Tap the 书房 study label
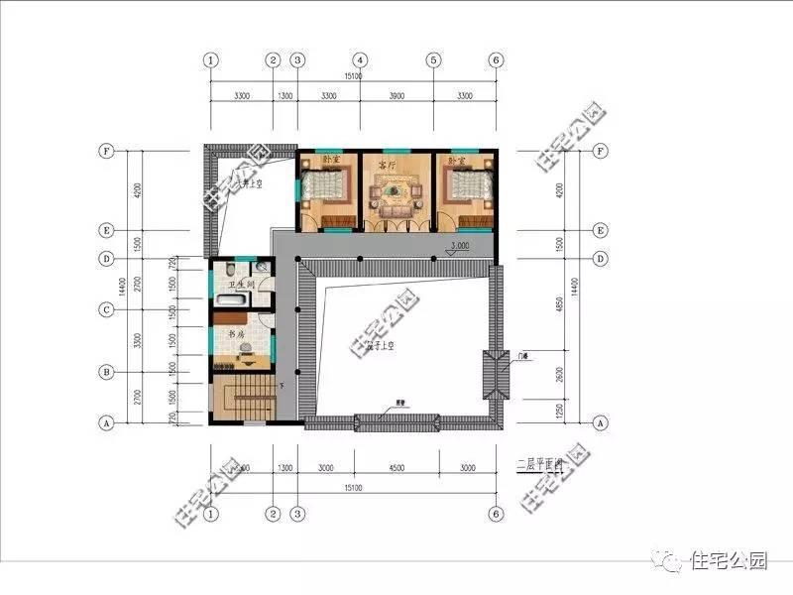point(237,334)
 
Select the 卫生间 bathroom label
point(243,287)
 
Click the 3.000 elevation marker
point(459,245)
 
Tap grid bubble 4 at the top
point(361,59)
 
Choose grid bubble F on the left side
point(105,152)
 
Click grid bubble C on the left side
point(105,309)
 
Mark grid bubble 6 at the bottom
point(496,515)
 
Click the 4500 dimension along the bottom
point(396,467)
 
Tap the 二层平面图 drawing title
point(540,463)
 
